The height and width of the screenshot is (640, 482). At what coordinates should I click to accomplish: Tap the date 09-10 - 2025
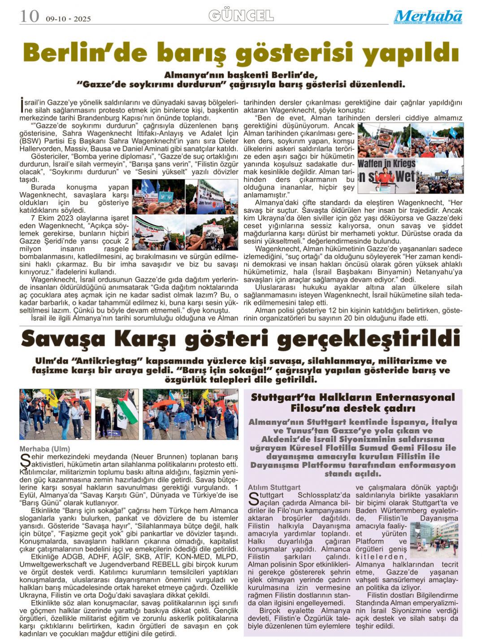pos(68,19)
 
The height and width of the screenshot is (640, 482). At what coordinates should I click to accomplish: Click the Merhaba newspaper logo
pos(428,17)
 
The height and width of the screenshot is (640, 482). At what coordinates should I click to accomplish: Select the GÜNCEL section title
pos(241,16)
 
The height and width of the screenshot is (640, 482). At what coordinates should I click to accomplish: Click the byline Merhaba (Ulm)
pos(45,449)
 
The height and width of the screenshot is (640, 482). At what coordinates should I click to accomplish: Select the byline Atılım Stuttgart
pos(274,487)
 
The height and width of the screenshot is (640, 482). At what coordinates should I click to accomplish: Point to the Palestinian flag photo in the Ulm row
pos(117,414)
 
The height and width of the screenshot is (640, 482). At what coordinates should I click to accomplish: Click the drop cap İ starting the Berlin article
pos(22,105)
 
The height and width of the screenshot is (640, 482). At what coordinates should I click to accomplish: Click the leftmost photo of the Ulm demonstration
pos(55,414)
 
